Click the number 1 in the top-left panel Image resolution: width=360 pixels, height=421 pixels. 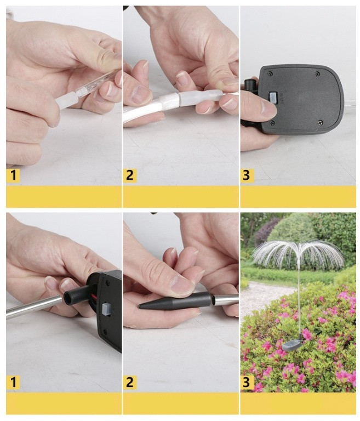[x=13, y=175]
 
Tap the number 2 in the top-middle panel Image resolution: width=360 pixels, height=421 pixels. [x=130, y=175]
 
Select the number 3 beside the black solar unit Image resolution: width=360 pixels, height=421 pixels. [x=246, y=175]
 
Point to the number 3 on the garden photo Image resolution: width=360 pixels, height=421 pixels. [x=246, y=382]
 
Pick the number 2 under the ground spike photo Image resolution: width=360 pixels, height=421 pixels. [x=130, y=382]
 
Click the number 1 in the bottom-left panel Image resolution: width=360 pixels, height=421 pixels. [x=13, y=382]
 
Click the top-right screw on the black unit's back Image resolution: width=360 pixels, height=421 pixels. [x=318, y=73]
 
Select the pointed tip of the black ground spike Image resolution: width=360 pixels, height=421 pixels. [x=139, y=305]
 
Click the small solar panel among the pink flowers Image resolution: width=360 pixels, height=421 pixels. [x=292, y=344]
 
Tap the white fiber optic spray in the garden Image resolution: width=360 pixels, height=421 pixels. [x=299, y=254]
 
